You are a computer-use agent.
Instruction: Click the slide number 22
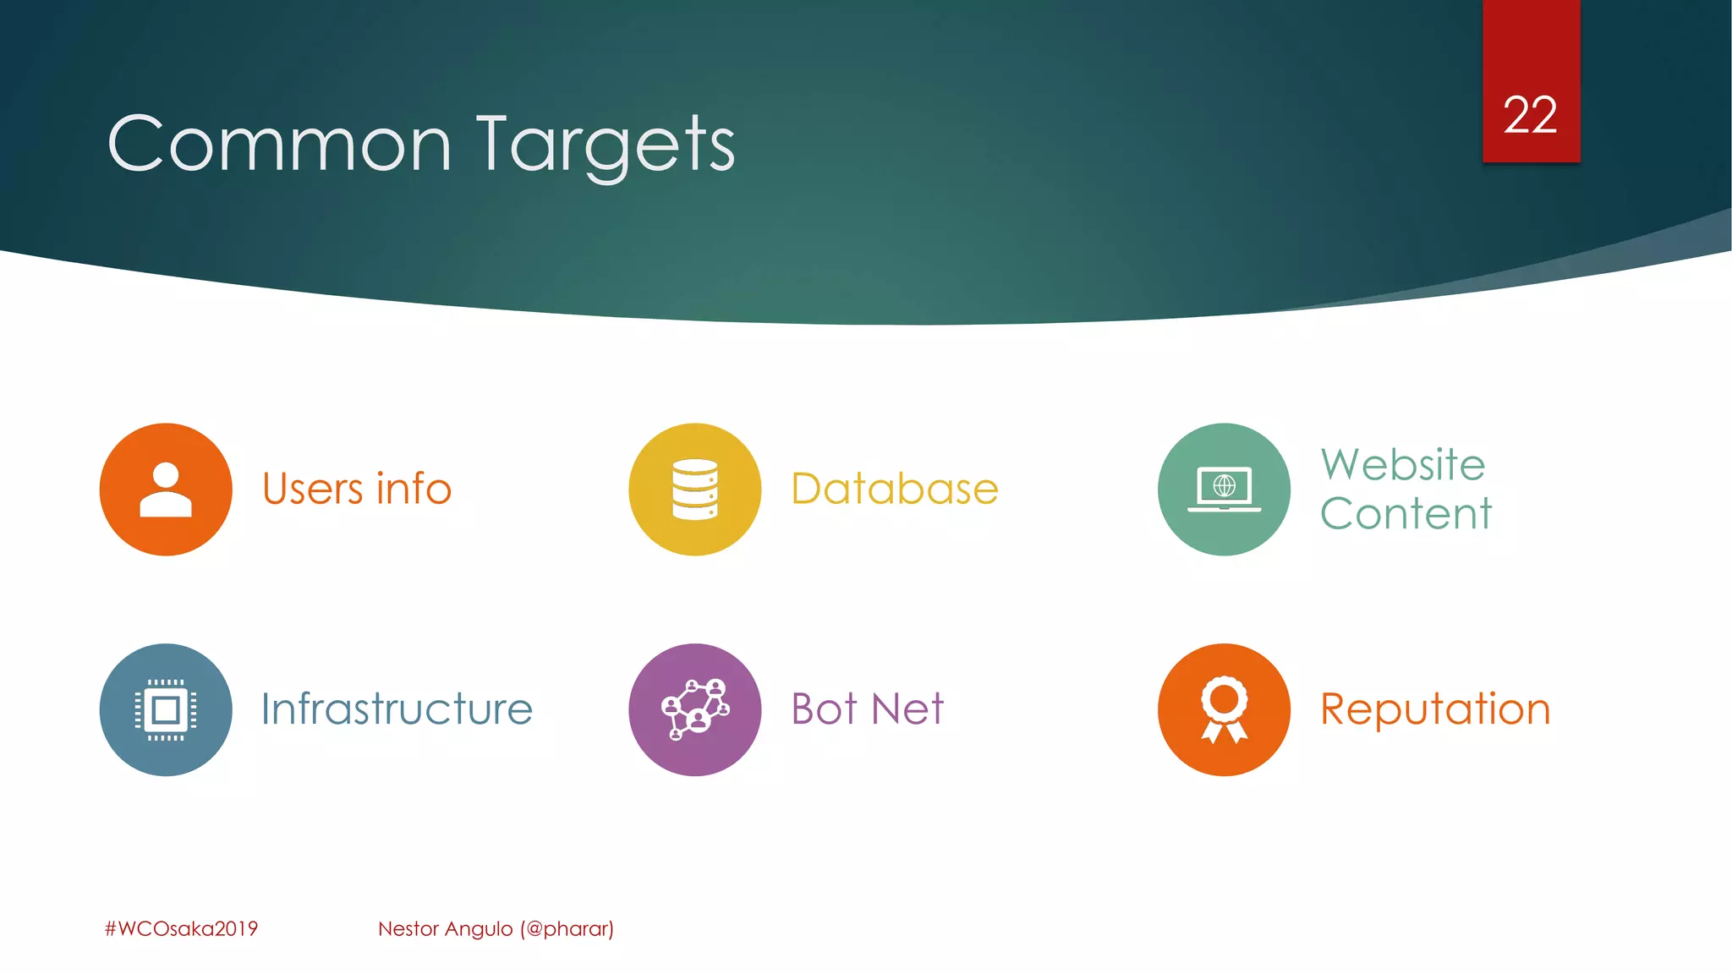click(1530, 116)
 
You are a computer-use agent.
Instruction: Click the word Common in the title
click(279, 145)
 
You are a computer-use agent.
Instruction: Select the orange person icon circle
click(166, 490)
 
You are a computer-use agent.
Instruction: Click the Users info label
click(356, 490)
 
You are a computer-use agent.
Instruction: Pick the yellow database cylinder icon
click(694, 490)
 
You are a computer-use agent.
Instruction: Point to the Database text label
click(894, 490)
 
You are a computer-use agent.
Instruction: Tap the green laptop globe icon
click(1224, 490)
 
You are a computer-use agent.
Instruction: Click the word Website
click(1403, 465)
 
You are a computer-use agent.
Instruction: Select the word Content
click(1406, 514)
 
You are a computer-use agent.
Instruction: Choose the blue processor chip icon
click(166, 709)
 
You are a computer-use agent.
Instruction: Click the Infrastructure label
click(397, 709)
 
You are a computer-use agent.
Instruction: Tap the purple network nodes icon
click(694, 709)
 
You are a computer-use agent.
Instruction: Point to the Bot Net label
click(867, 709)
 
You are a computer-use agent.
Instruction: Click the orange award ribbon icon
click(1224, 709)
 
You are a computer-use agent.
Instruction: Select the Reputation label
click(1435, 709)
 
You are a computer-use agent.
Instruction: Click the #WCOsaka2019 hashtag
click(181, 928)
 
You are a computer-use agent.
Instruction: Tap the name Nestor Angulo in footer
click(445, 928)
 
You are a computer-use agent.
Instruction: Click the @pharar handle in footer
click(567, 928)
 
